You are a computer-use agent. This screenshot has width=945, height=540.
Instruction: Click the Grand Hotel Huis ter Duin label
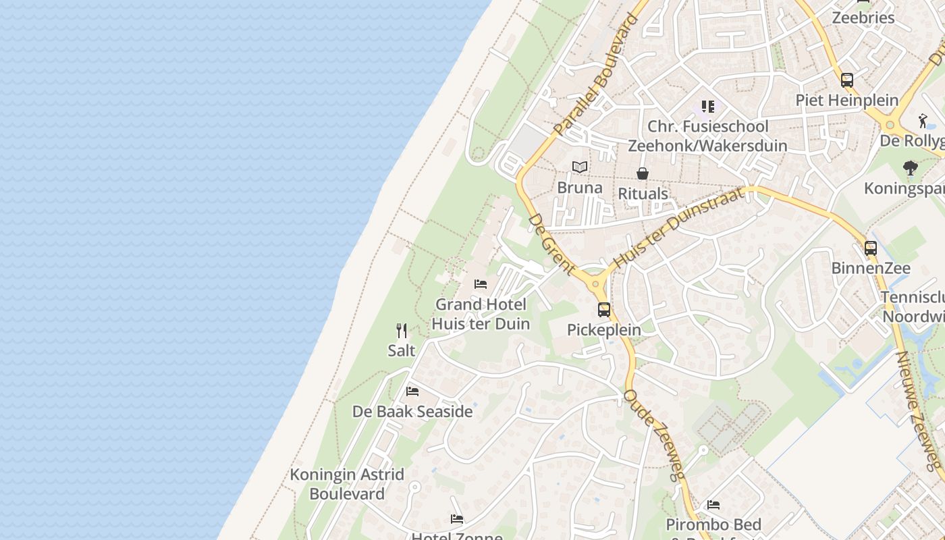tap(480, 314)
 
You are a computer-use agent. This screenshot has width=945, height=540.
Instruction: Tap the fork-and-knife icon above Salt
tap(402, 331)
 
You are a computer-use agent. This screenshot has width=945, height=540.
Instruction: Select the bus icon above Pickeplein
tap(604, 310)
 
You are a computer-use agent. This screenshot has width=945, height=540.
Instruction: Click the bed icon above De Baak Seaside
tap(412, 391)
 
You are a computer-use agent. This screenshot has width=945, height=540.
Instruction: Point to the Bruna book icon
tap(579, 167)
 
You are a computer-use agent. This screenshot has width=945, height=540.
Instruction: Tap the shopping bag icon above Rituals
tap(643, 174)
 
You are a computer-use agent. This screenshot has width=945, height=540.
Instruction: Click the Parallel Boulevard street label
tap(594, 75)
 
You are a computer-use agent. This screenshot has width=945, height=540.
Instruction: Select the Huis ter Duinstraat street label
tap(678, 227)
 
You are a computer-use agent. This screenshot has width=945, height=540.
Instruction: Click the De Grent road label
tap(552, 244)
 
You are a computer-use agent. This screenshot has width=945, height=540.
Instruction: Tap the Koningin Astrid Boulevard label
tap(347, 484)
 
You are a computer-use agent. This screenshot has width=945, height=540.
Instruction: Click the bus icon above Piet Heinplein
tap(847, 80)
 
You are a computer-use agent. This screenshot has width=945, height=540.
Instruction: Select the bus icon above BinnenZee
tap(871, 248)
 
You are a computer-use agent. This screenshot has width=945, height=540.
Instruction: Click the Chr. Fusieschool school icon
tap(707, 107)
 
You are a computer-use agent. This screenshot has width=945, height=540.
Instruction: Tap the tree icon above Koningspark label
tap(911, 168)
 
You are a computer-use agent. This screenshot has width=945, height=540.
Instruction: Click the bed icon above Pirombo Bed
tap(713, 505)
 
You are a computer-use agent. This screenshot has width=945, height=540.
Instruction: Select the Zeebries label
tap(863, 18)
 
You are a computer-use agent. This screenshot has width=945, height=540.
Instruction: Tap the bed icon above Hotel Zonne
tap(457, 519)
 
